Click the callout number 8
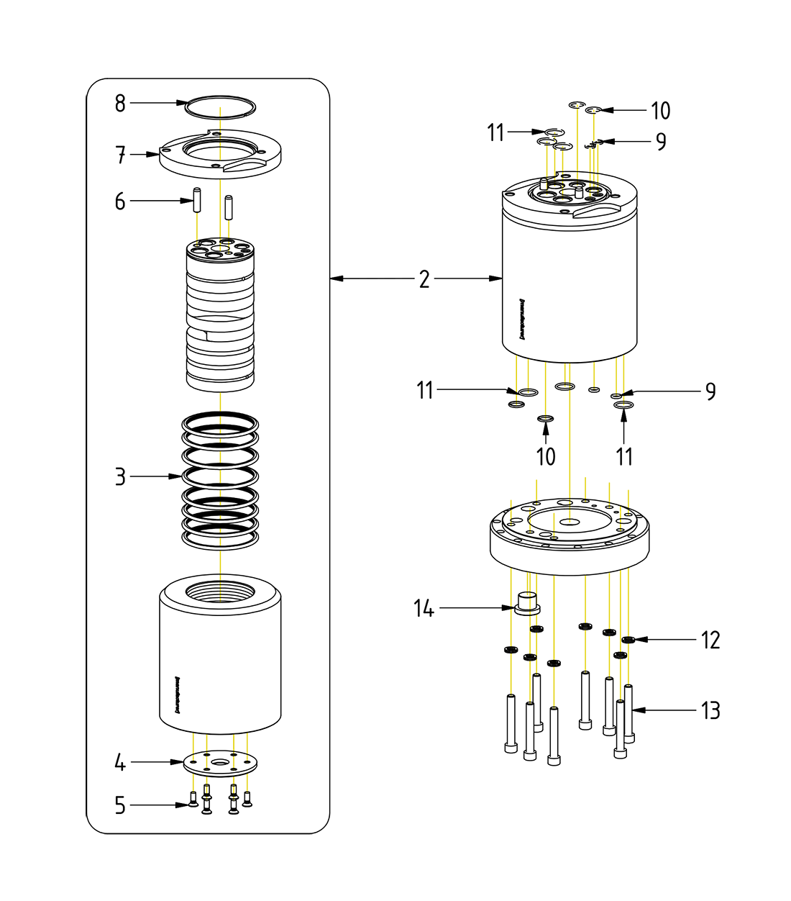pyautogui.click(x=120, y=104)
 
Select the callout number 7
pyautogui.click(x=120, y=155)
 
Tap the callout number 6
pyautogui.click(x=120, y=202)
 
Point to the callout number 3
pyautogui.click(x=120, y=476)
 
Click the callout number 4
pyautogui.click(x=120, y=762)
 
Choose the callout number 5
pyautogui.click(x=120, y=805)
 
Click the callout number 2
pyautogui.click(x=424, y=279)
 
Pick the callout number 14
pyautogui.click(x=424, y=609)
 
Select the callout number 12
pyautogui.click(x=710, y=640)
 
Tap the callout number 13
pyautogui.click(x=710, y=711)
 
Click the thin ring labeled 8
pyautogui.click(x=220, y=107)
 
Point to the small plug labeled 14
pyautogui.click(x=528, y=603)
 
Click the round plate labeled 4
pyautogui.click(x=220, y=764)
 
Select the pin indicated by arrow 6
pyautogui.click(x=196, y=200)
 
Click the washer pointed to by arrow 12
pyautogui.click(x=628, y=639)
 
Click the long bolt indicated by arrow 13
pyautogui.click(x=628, y=712)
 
